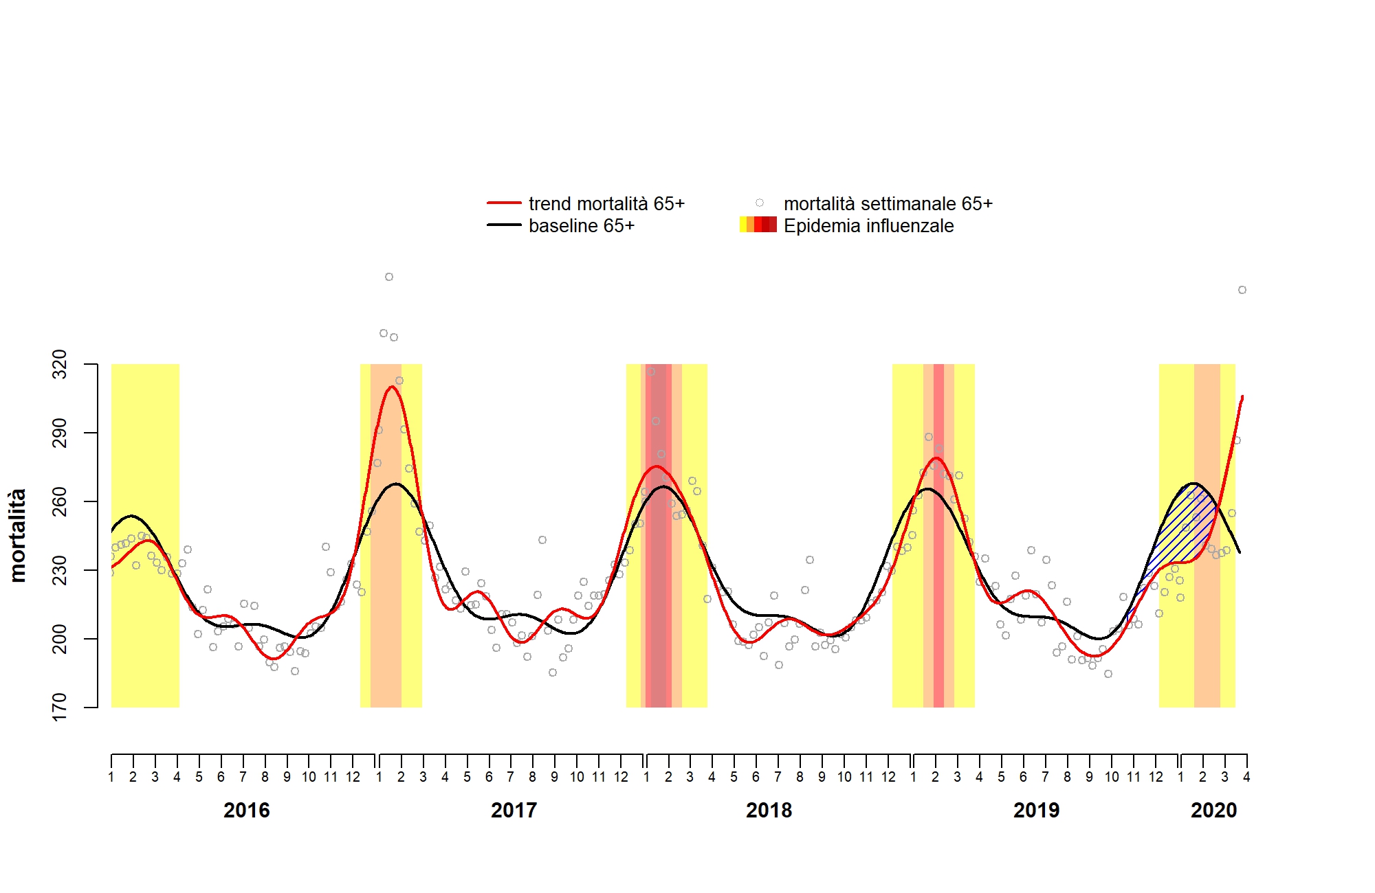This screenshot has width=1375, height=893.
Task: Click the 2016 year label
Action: (246, 811)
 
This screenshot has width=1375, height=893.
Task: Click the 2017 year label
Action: (514, 811)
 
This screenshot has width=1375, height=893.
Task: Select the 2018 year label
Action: (769, 811)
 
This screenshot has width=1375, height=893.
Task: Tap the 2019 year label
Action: (1036, 811)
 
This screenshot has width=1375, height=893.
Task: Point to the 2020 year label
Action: (1213, 811)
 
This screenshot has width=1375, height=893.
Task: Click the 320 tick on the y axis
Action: (60, 364)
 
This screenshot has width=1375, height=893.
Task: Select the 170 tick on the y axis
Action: (60, 707)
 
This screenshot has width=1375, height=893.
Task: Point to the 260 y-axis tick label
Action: (60, 501)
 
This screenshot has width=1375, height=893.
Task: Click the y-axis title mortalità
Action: (18, 536)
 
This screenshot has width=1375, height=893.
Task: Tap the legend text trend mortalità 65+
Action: (606, 204)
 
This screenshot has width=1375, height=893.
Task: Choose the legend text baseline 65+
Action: (581, 226)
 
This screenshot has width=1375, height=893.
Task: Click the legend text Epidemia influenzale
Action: (868, 226)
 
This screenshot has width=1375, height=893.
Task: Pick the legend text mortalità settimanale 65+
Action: (888, 204)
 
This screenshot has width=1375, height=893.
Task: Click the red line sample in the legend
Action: (504, 203)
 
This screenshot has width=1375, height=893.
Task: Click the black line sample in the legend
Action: (504, 225)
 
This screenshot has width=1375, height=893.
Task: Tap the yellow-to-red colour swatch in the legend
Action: (758, 225)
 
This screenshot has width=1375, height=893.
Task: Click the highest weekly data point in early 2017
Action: (389, 277)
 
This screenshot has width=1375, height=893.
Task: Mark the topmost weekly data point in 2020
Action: (1242, 290)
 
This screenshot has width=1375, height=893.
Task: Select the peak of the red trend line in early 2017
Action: (392, 387)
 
